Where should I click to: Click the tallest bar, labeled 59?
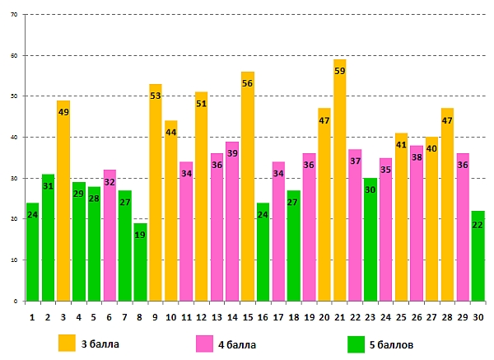click(x=340, y=181)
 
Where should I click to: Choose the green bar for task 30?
click(x=478, y=256)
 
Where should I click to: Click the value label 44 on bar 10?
click(x=171, y=133)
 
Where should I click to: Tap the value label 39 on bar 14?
click(x=233, y=153)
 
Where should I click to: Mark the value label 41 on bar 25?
click(x=401, y=145)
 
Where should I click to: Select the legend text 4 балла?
click(x=238, y=343)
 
